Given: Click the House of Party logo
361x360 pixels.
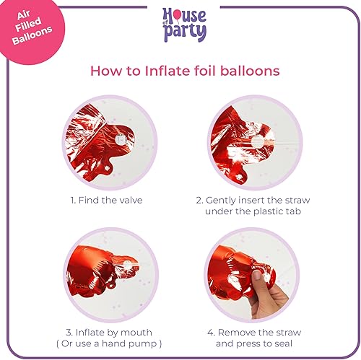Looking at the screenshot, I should coord(184,25).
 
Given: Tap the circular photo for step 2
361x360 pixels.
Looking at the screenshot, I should coord(252,141).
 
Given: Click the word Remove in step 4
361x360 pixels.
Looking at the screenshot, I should coord(236,333).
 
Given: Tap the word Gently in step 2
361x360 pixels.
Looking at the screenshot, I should coord(227,200).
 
